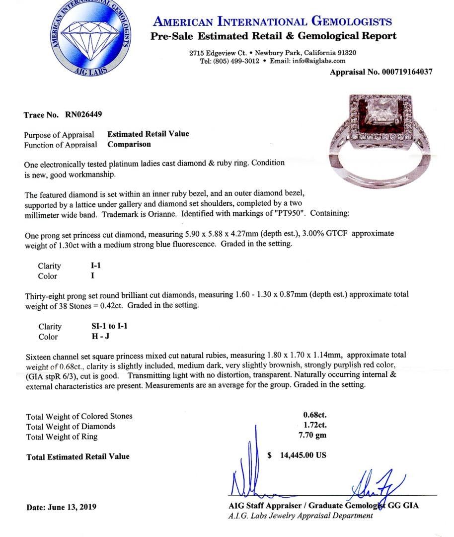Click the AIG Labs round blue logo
[x=91, y=39]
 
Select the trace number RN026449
[x=83, y=115]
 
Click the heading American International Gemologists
[x=273, y=22]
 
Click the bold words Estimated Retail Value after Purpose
[x=148, y=134]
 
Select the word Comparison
[x=129, y=145]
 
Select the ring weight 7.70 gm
[x=315, y=436]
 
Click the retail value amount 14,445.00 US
[x=303, y=455]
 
